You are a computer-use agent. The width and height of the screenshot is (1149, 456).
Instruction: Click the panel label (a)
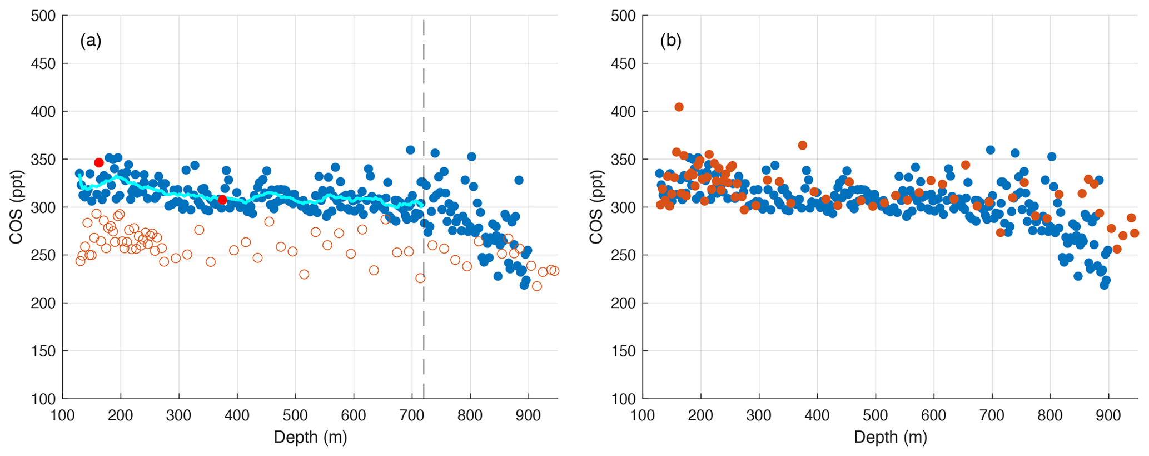91,41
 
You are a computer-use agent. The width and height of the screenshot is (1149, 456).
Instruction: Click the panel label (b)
670,41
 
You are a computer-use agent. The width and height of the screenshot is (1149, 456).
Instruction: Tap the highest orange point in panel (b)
679,107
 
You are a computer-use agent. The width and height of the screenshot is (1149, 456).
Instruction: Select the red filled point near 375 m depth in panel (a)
222,200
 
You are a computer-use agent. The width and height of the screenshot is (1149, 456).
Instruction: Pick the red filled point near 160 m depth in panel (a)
99,162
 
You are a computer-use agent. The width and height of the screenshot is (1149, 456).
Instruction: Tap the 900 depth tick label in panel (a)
528,416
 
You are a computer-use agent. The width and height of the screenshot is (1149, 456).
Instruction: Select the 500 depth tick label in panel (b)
876,416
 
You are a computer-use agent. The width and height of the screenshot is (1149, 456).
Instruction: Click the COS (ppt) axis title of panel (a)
16,207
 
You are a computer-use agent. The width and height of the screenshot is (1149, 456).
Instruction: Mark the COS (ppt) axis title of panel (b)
596,207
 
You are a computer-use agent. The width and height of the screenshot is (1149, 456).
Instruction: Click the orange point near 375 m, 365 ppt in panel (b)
802,145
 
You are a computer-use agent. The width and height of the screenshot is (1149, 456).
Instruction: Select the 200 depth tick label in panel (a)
121,416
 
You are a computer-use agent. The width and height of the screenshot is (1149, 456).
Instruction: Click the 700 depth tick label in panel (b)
992,416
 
